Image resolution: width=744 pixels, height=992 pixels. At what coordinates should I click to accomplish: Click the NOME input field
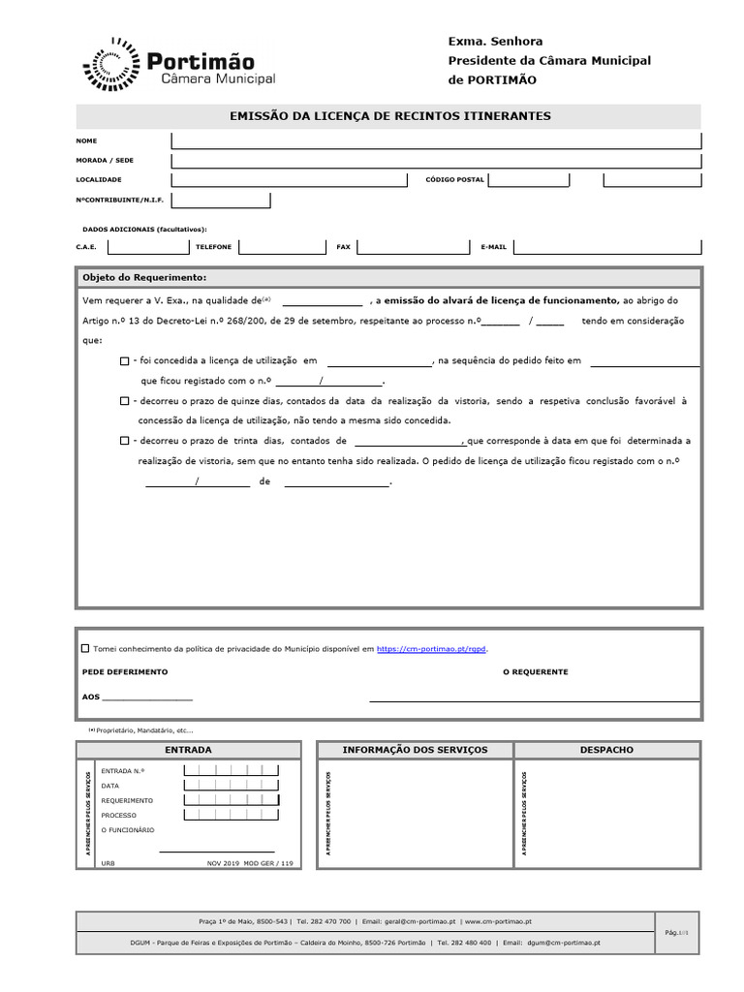pyautogui.click(x=435, y=140)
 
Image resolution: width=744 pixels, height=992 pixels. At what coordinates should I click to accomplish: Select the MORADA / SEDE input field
pyautogui.click(x=435, y=160)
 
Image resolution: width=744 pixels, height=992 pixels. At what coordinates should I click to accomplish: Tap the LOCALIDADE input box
pyautogui.click(x=290, y=180)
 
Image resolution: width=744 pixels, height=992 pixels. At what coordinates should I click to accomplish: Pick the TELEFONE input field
pyautogui.click(x=281, y=247)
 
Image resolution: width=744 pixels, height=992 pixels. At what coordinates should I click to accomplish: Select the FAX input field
pyautogui.click(x=411, y=247)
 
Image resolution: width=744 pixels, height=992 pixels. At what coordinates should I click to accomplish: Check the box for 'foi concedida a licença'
pyautogui.click(x=125, y=361)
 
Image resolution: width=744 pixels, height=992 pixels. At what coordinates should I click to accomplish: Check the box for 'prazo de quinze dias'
pyautogui.click(x=125, y=400)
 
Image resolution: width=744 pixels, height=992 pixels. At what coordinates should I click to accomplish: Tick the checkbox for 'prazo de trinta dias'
pyautogui.click(x=125, y=441)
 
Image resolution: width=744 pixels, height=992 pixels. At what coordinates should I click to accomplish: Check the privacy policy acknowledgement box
pyautogui.click(x=85, y=648)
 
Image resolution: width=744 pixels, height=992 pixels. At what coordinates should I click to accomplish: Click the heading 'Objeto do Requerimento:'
pyautogui.click(x=144, y=277)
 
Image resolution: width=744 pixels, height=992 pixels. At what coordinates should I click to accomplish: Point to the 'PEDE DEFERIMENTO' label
pyautogui.click(x=124, y=671)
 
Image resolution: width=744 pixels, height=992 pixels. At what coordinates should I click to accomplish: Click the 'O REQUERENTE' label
pyautogui.click(x=535, y=671)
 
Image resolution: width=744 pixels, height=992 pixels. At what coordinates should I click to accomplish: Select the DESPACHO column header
pyautogui.click(x=606, y=750)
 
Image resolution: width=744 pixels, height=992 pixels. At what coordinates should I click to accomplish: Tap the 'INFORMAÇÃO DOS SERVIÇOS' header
pyautogui.click(x=416, y=750)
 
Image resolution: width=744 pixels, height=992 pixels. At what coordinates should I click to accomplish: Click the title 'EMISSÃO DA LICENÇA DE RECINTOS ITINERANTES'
pyautogui.click(x=389, y=116)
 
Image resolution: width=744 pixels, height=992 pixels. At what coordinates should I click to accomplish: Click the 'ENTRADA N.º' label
pyautogui.click(x=123, y=771)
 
